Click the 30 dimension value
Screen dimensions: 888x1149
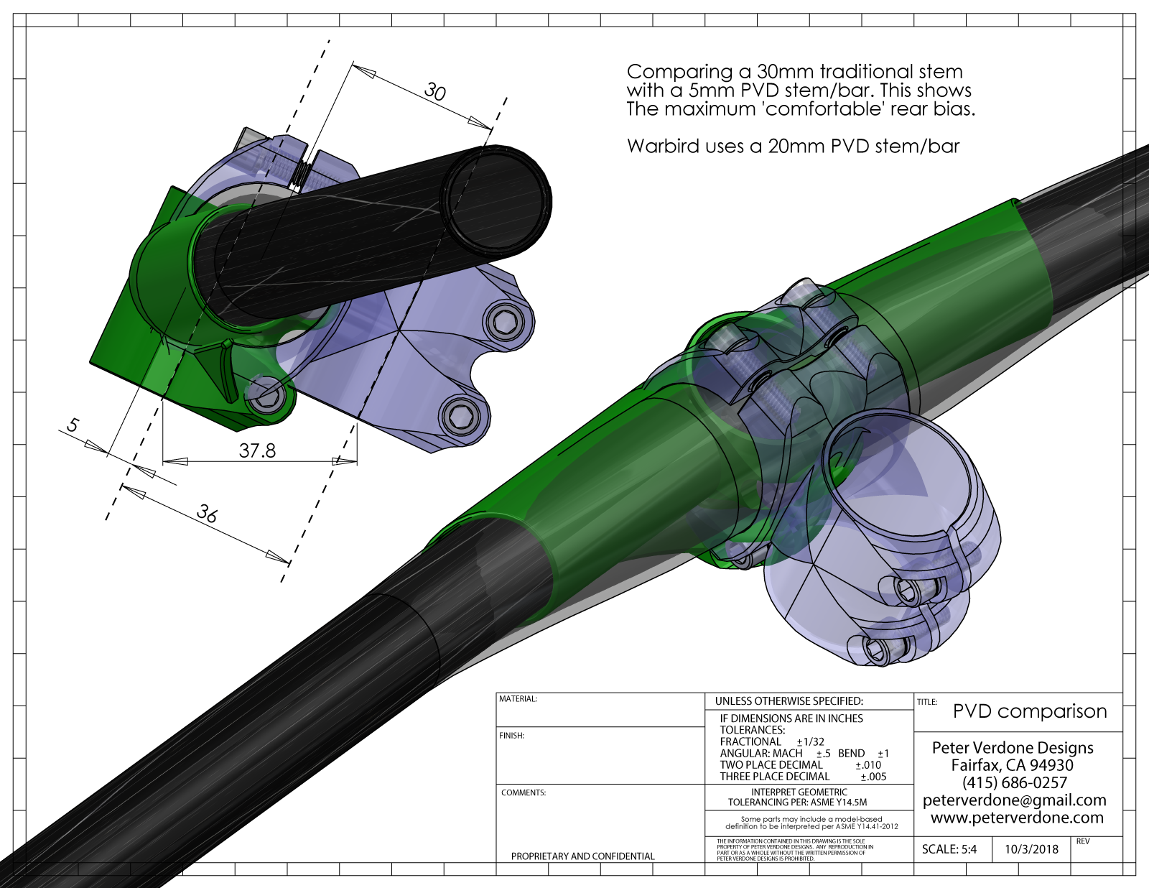[435, 91]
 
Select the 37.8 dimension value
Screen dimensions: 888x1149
[257, 450]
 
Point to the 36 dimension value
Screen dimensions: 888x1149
[207, 513]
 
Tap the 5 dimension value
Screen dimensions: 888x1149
[73, 425]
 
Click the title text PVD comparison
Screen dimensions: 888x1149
[1029, 711]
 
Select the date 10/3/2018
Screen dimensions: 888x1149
[1031, 849]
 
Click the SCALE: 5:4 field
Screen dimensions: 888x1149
[949, 849]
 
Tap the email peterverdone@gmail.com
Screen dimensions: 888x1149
[1014, 800]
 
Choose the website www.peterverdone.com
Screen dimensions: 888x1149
[1017, 818]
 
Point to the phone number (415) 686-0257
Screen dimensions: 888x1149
[1014, 782]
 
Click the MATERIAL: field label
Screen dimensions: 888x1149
[518, 699]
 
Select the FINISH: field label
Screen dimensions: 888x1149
[511, 736]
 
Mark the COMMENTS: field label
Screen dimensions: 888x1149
[524, 793]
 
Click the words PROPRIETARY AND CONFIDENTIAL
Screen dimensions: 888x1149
[582, 856]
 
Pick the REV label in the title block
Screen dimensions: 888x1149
[1083, 841]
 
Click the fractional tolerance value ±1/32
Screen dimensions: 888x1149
[810, 741]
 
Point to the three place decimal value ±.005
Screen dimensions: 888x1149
[873, 777]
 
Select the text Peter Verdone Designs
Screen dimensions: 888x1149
[1013, 748]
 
